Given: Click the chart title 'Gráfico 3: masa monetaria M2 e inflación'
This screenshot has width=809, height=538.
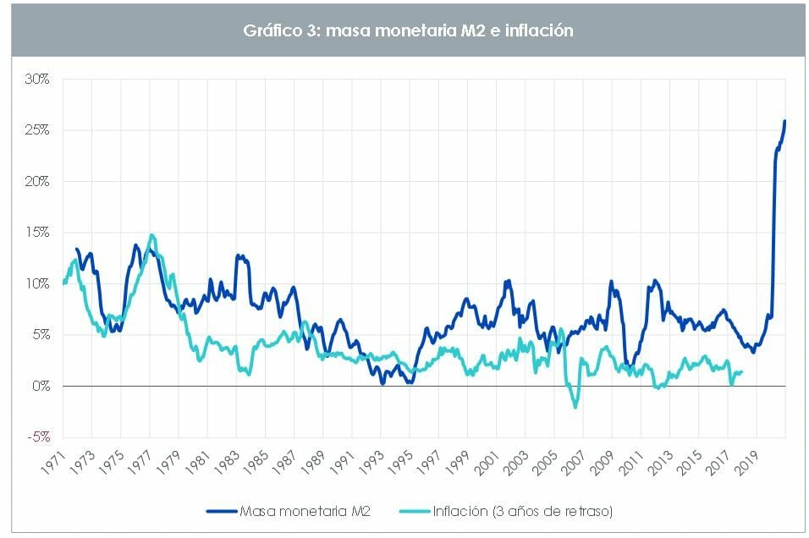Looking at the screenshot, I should [404, 30].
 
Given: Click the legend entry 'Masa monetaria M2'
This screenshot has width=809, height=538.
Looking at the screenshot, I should [305, 510].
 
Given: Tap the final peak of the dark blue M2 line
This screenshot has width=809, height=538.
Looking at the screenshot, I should [784, 121].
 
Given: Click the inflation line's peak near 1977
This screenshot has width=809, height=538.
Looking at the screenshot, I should [151, 235].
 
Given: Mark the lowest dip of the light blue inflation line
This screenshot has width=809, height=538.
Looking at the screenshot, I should [575, 407].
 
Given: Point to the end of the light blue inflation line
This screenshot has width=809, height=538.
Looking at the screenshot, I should [742, 371].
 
